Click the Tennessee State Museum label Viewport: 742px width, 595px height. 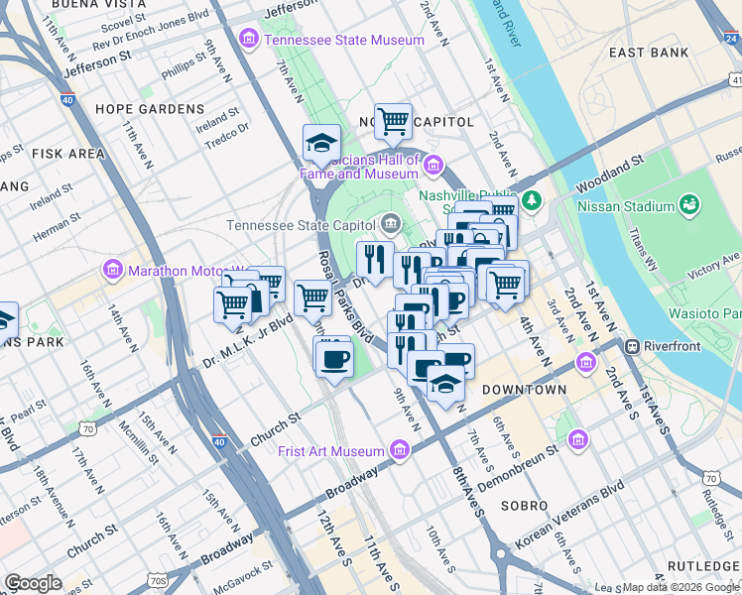(343, 40)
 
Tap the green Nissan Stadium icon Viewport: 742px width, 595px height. (688, 206)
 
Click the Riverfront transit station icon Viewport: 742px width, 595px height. (631, 347)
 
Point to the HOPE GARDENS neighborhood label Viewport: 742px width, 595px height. (150, 109)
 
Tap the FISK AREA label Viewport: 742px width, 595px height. (68, 154)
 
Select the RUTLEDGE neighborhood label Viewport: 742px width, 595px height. (702, 565)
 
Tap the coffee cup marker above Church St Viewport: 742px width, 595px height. (333, 356)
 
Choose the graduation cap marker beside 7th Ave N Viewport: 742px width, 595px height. (321, 145)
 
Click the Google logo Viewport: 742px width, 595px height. (33, 582)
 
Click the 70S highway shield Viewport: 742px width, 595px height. (159, 580)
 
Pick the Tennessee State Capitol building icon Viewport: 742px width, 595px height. (391, 224)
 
